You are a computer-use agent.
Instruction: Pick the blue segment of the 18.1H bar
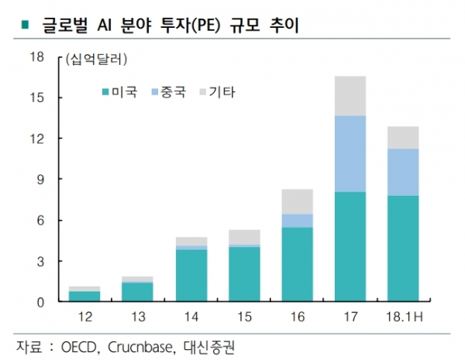point(403,172)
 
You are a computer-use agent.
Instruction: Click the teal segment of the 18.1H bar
point(403,249)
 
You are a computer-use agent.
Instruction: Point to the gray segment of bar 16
point(297,201)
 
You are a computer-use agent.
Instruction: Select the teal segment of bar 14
point(191,276)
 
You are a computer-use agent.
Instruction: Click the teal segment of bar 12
point(84,296)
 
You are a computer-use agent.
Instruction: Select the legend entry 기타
point(223,92)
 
